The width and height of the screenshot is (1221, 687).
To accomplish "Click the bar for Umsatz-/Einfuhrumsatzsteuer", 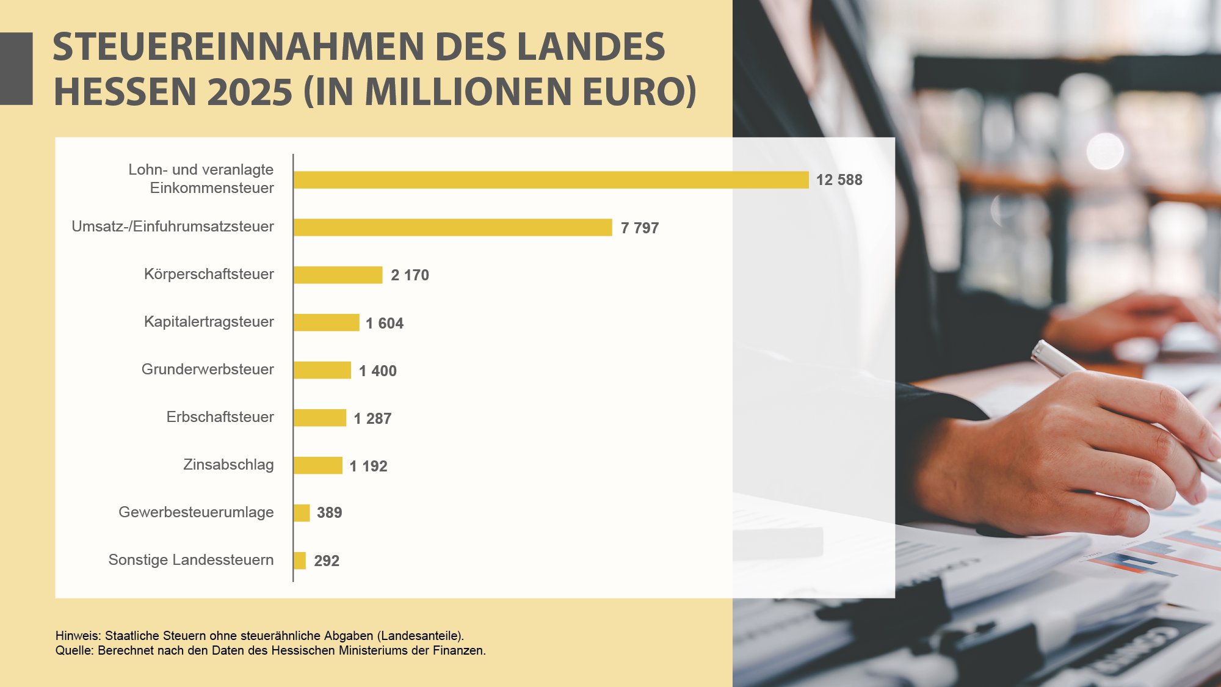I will pos(452,227).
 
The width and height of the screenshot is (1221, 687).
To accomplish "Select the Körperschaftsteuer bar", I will pos(338,275).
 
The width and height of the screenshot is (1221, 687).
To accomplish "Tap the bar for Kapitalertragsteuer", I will pos(326,322).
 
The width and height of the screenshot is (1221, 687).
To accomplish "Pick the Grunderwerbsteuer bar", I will pos(322,370).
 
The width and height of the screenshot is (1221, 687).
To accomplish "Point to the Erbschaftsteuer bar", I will pos(319,418).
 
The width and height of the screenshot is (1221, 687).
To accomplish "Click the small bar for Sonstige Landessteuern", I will pos(299,561).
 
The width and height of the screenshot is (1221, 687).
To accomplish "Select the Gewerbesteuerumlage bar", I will pos(302,513).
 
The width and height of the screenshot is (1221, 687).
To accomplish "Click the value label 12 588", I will pos(839,180).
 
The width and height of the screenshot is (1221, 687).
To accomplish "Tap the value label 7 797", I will pos(639,228).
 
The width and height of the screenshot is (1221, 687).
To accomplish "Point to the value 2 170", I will pos(410,275).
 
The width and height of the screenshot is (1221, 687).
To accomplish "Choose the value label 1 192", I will pos(368,466).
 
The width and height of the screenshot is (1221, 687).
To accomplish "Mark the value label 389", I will pos(329,513).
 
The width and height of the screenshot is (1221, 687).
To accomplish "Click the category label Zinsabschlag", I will pos(228,465).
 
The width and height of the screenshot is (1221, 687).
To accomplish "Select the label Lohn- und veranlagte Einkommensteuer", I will pos(201,178).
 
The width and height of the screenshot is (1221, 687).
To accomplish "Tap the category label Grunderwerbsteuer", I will pos(208,369).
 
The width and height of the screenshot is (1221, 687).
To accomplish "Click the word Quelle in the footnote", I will pos(73,650).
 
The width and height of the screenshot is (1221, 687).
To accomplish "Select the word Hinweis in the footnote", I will pos(77,636).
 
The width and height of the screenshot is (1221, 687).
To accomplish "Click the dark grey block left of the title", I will pos(16,68).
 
